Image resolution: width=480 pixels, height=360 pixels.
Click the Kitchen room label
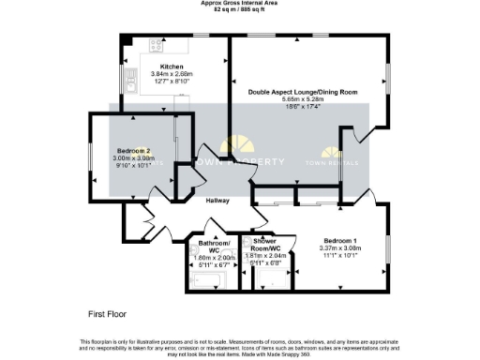pyautogui.click(x=171, y=67)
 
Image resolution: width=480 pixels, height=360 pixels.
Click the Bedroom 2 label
pyautogui.click(x=133, y=151)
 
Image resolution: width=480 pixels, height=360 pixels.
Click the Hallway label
pyautogui.click(x=217, y=200)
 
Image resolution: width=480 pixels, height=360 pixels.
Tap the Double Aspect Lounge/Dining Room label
pyautogui.click(x=302, y=92)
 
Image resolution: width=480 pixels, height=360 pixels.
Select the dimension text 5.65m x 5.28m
pyautogui.click(x=302, y=100)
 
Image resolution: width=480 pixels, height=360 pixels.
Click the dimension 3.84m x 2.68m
pyautogui.click(x=171, y=75)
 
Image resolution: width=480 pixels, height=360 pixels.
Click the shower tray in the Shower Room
pyautogui.click(x=274, y=278)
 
